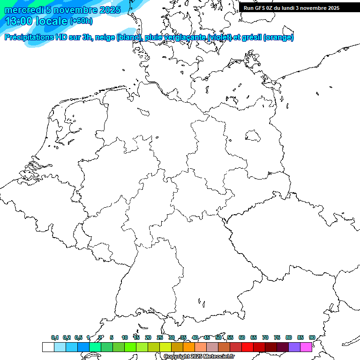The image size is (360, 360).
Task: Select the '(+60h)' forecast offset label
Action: tap(81, 21)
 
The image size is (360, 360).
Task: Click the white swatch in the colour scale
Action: tap(48, 347)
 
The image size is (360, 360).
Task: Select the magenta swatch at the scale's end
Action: tap(306, 347)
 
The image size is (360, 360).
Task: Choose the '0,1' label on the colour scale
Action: tap(55, 338)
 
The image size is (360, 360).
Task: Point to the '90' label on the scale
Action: tap(312, 338)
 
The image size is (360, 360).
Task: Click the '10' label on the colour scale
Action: tap(125, 338)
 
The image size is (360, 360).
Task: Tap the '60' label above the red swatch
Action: tap(242, 338)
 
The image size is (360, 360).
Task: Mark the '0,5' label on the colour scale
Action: tap(78, 338)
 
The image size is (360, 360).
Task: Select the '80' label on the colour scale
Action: tap(289, 338)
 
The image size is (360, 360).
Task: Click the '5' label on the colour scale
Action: tap(112, 338)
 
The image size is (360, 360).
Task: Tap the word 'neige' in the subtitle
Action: tap(106, 37)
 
